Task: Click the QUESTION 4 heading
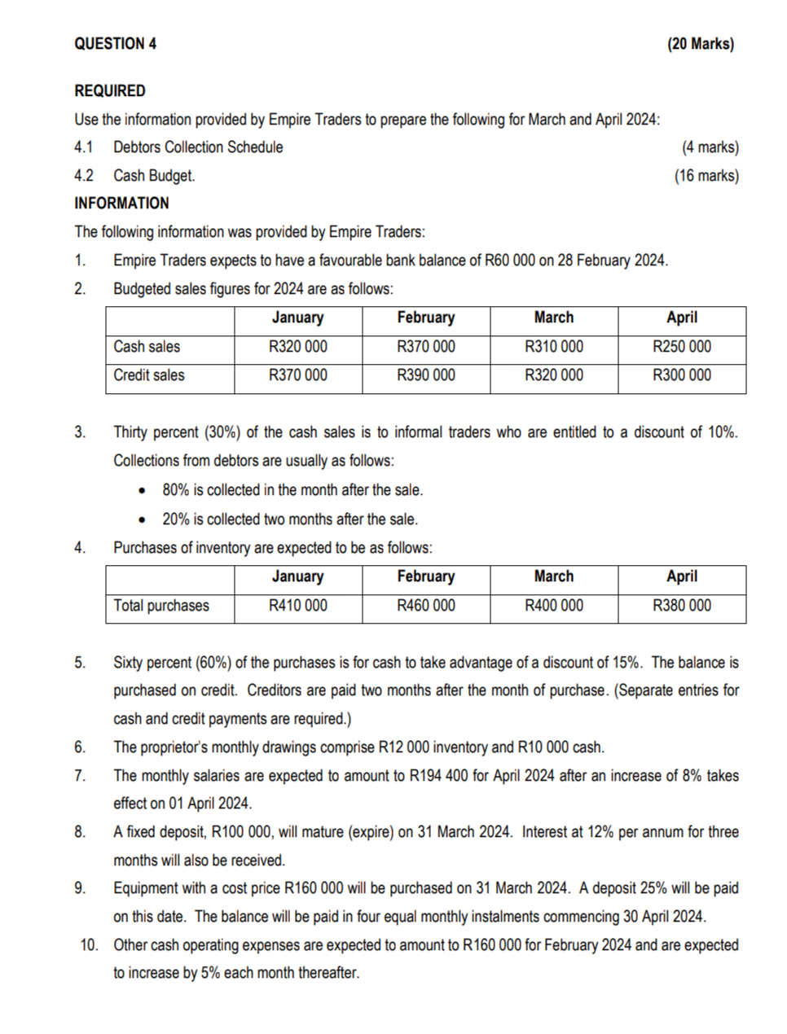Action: (115, 44)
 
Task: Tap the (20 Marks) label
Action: (700, 44)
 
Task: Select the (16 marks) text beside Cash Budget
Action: (706, 176)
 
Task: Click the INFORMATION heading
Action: (121, 204)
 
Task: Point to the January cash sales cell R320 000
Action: (298, 347)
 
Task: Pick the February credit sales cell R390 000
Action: (426, 375)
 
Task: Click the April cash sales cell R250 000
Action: (682, 347)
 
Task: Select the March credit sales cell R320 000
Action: (554, 375)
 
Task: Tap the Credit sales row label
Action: (149, 375)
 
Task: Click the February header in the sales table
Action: (426, 318)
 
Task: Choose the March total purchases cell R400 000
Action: (554, 606)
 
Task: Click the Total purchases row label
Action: (161, 606)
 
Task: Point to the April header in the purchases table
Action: (682, 576)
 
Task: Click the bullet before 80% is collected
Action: (143, 491)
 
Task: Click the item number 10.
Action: (89, 945)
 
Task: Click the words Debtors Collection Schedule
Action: (198, 147)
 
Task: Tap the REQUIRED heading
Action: (110, 91)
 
